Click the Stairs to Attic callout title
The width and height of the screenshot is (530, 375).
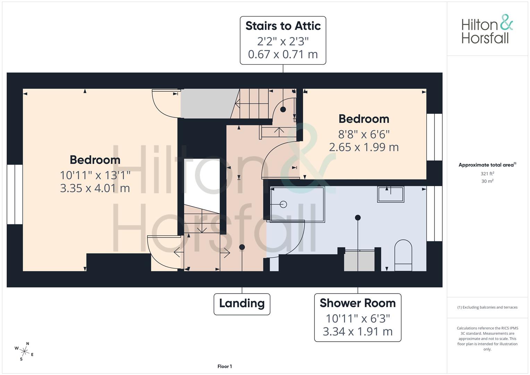pyautogui.click(x=283, y=26)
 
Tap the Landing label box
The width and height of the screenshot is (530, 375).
pyautogui.click(x=242, y=304)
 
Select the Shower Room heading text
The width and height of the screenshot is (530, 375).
pyautogui.click(x=357, y=303)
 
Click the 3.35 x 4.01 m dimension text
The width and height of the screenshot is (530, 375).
pyautogui.click(x=95, y=188)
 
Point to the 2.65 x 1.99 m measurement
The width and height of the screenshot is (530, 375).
pyautogui.click(x=364, y=147)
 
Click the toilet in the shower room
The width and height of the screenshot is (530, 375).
pyautogui.click(x=403, y=255)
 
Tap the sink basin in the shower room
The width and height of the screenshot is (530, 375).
pyautogui.click(x=391, y=194)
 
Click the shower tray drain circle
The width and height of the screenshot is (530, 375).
pyautogui.click(x=283, y=205)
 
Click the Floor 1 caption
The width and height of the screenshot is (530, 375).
pyautogui.click(x=225, y=366)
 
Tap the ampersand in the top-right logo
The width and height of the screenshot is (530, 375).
pyautogui.click(x=506, y=22)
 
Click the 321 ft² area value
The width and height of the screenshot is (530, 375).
pyautogui.click(x=487, y=174)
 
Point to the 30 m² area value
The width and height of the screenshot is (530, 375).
pyautogui.click(x=487, y=181)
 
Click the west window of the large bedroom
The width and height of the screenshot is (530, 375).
pyautogui.click(x=15, y=194)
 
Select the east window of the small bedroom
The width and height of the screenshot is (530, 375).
pyautogui.click(x=434, y=137)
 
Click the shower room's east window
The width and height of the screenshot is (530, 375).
pyautogui.click(x=434, y=214)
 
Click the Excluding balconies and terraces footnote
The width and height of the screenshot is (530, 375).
pyautogui.click(x=487, y=307)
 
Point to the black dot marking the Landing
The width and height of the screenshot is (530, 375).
pyautogui.click(x=242, y=247)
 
